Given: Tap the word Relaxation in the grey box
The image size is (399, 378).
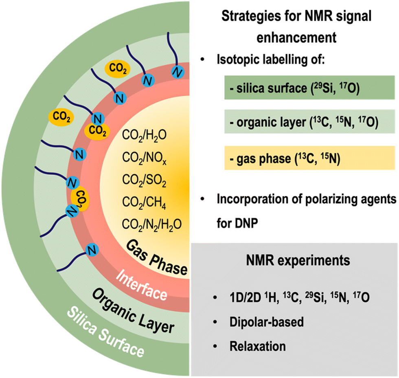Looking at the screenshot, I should pyautogui.click(x=258, y=347).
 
